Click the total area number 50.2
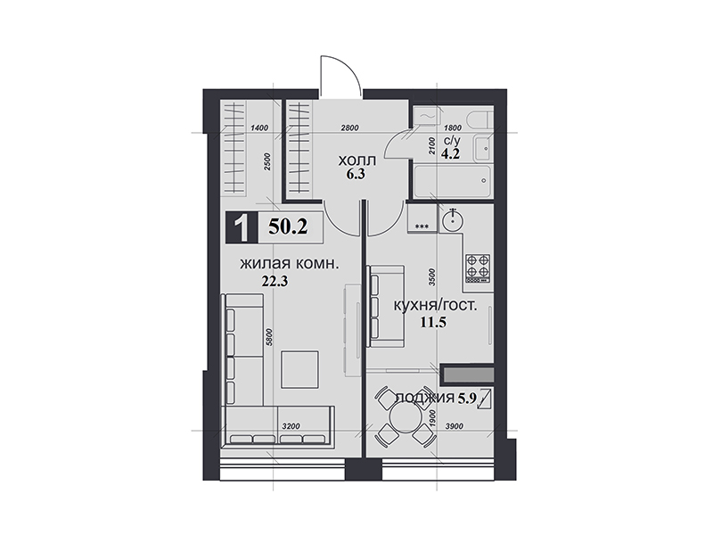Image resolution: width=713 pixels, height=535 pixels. tap(288, 226)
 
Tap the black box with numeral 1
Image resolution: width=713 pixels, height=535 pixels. tap(242, 227)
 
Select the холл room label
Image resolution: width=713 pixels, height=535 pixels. tap(357, 160)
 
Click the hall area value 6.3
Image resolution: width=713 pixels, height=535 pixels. tap(356, 174)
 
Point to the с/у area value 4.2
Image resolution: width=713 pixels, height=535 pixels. tap(450, 153)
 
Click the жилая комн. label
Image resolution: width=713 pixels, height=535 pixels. tap(289, 264)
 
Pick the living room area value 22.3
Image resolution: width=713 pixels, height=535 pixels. tap(275, 282)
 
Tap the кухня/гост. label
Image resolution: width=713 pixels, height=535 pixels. tap(435, 305)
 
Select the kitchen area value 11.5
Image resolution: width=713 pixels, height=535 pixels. tap(433, 323)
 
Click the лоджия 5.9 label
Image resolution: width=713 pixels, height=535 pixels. tap(436, 398)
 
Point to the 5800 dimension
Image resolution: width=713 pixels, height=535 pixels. tap(268, 337)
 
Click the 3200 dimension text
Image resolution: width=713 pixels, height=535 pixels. tap(291, 426)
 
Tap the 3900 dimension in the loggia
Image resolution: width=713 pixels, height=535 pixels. tap(455, 426)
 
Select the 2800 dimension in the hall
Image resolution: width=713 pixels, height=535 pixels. tap(349, 128)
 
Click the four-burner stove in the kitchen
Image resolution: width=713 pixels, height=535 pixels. tap(478, 268)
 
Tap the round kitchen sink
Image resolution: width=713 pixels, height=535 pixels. tap(453, 220)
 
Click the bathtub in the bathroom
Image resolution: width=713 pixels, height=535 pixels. tap(452, 182)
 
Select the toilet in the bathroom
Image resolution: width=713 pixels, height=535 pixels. tap(480, 119)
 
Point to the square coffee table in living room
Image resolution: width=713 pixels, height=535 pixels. tap(300, 369)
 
